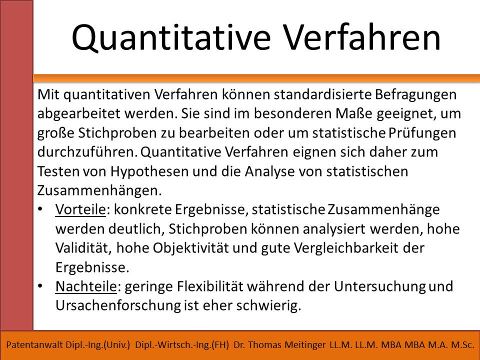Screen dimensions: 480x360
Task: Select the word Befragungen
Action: tap(415, 95)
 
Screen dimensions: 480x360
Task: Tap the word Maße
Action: tap(354, 113)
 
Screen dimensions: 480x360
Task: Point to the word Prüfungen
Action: tap(422, 133)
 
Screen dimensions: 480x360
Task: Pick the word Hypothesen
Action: tap(149, 171)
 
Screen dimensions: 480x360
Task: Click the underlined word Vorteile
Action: tap(80, 209)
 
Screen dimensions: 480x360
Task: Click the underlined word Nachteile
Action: tap(86, 286)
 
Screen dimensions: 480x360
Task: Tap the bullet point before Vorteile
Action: tap(40, 209)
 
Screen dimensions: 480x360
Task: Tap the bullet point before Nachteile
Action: tap(40, 286)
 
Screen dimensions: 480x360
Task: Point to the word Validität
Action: tap(83, 248)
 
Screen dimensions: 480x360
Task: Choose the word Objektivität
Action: tap(190, 248)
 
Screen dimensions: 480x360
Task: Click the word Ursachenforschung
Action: tap(118, 306)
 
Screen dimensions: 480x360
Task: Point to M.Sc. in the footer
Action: tap(463, 345)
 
